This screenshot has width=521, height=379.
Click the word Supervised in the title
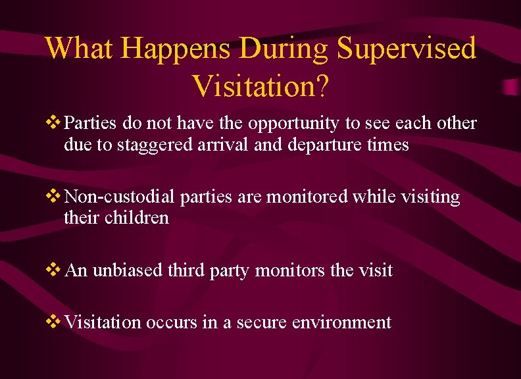407,49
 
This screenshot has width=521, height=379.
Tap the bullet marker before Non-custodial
55,197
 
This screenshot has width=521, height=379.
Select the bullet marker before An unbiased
55,270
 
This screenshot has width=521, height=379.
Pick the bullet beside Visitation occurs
55,322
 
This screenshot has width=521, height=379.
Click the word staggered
155,145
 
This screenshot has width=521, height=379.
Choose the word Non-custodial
120,197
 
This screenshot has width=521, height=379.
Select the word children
136,217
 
